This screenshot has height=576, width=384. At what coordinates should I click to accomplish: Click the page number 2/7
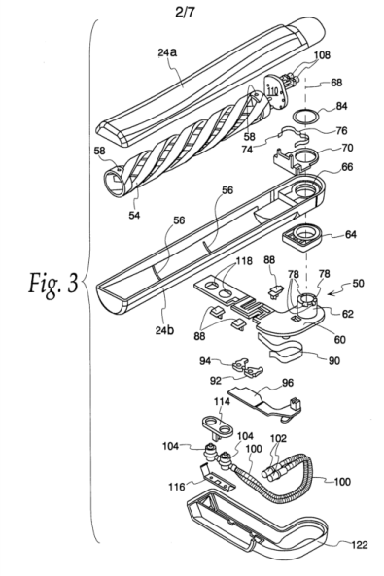tap(185, 12)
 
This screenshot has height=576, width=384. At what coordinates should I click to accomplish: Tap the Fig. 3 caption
tap(53, 284)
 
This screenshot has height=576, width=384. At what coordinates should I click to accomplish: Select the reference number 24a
tap(167, 52)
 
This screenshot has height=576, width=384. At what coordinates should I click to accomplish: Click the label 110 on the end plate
tap(272, 89)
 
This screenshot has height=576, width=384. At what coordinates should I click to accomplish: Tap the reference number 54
tap(134, 215)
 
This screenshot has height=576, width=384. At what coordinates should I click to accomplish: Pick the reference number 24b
tap(164, 330)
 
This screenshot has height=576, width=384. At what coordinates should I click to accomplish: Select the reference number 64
tap(351, 234)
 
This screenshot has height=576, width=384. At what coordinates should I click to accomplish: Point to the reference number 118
tap(244, 261)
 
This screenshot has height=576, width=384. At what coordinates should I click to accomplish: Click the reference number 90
tap(334, 361)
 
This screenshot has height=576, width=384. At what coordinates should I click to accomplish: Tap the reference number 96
tap(288, 383)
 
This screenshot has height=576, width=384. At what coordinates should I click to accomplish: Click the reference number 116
tap(177, 487)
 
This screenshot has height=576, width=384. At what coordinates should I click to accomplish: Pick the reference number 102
tap(278, 438)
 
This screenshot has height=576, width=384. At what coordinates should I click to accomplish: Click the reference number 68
tap(336, 82)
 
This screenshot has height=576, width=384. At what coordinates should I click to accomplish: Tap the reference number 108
tap(322, 55)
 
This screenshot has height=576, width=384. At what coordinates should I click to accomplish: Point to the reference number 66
tap(347, 167)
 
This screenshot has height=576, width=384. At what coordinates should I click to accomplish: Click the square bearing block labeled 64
tap(302, 238)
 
